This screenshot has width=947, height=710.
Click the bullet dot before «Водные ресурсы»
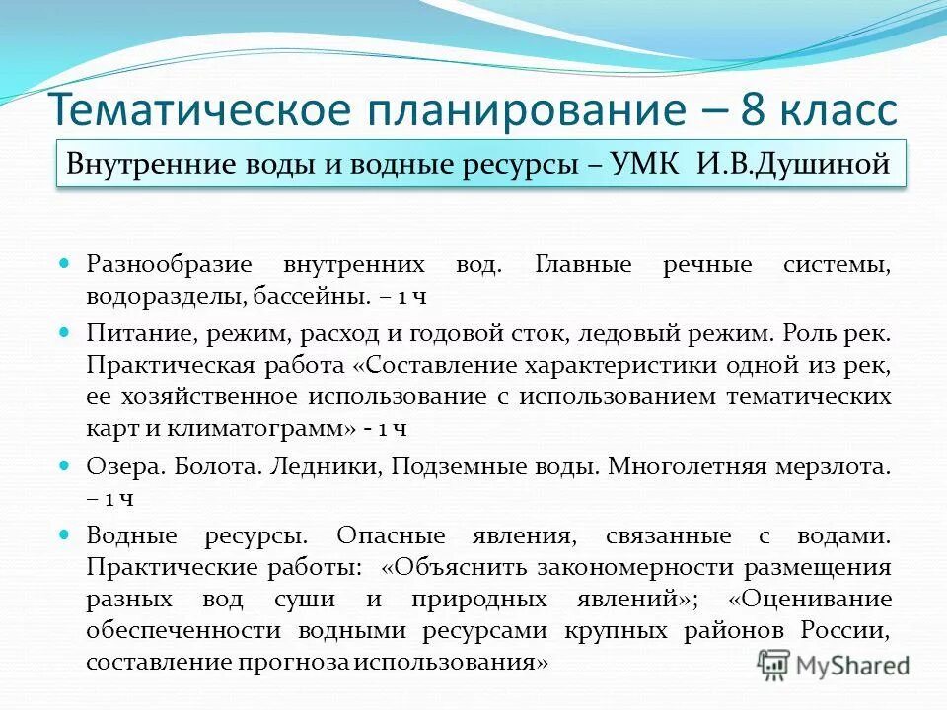click(65, 534)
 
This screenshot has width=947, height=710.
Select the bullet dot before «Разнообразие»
click(65, 265)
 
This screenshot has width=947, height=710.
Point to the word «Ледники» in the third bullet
click(326, 467)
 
